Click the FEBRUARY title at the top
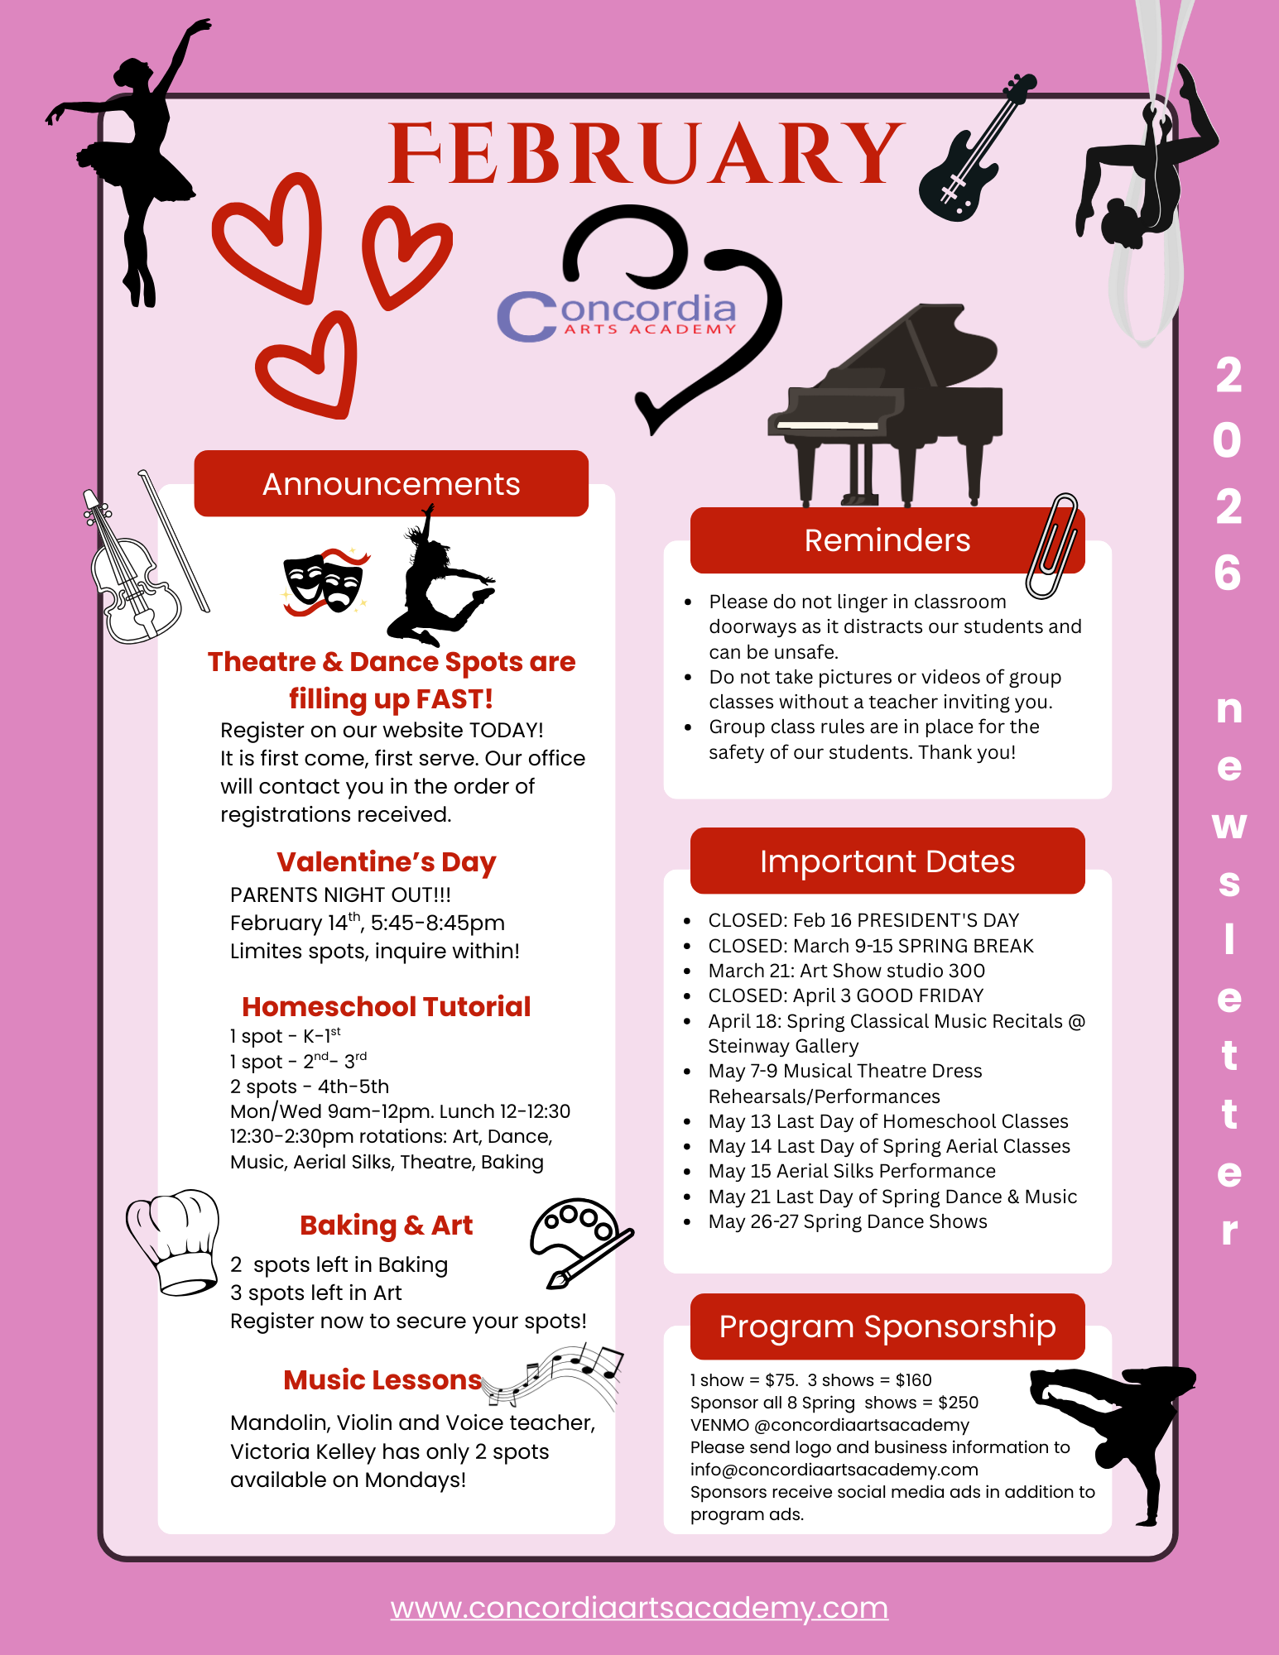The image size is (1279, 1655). click(646, 154)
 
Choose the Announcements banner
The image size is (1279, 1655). click(391, 484)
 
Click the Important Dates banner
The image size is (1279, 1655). click(887, 861)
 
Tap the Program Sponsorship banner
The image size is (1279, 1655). click(887, 1326)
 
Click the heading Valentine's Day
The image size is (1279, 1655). click(386, 862)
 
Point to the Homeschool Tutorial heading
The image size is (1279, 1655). click(386, 1007)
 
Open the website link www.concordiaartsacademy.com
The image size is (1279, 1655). click(639, 1608)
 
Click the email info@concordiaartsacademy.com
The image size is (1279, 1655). click(834, 1470)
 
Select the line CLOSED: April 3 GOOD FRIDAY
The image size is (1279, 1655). click(845, 995)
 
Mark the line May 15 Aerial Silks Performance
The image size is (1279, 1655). click(851, 1172)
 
